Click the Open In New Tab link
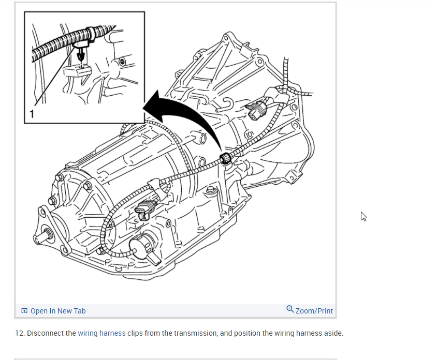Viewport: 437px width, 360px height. [57, 311]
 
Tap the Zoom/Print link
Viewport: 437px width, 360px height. [314, 311]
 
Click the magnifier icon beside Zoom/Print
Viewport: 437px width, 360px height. [290, 309]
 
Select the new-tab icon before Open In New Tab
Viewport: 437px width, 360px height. [24, 311]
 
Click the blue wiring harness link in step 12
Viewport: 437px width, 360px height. [101, 333]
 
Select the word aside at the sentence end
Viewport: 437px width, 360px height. [332, 333]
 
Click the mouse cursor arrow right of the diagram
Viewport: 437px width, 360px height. [363, 216]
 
